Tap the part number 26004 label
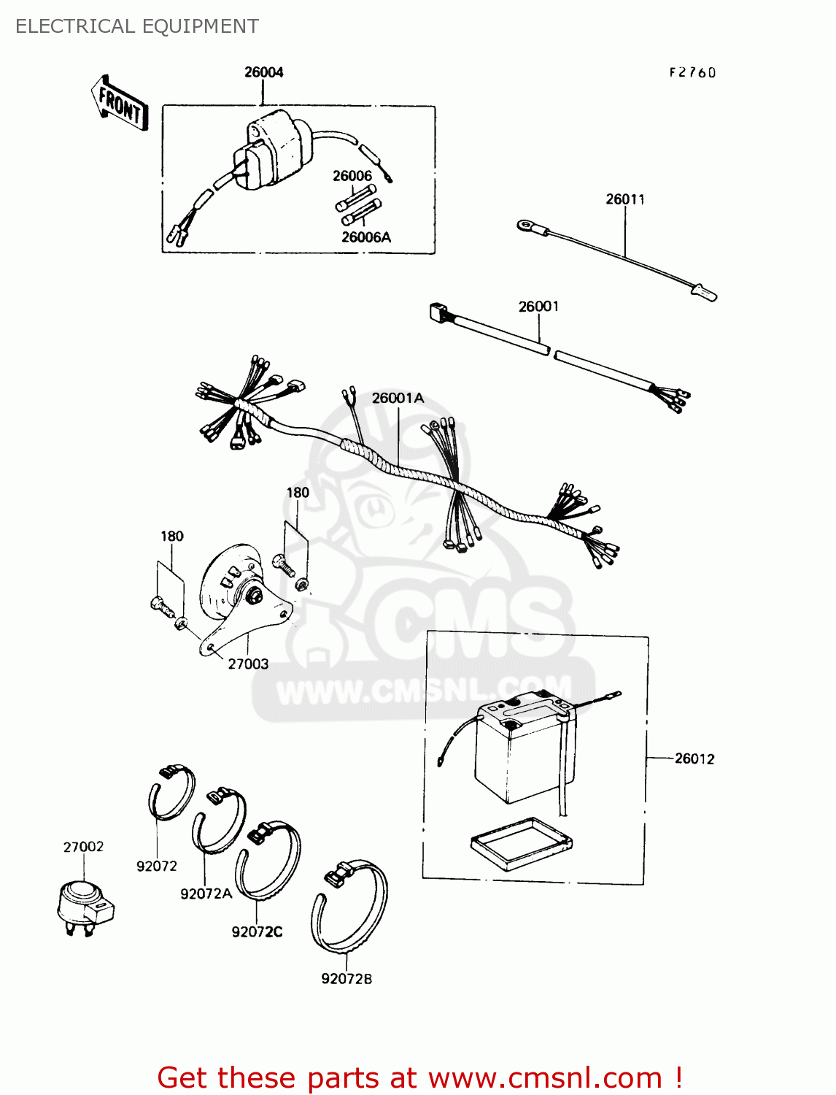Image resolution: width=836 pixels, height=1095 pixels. pyautogui.click(x=263, y=72)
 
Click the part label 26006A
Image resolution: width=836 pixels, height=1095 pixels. pyautogui.click(x=366, y=237)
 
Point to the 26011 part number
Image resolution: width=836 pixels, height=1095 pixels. pyautogui.click(x=625, y=199)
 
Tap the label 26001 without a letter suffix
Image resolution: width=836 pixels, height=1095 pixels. pyautogui.click(x=538, y=307)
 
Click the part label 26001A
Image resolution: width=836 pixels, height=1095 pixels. pyautogui.click(x=398, y=398)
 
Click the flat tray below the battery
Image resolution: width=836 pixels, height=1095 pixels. pyautogui.click(x=520, y=843)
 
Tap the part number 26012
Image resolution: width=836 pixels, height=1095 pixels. pyautogui.click(x=694, y=759)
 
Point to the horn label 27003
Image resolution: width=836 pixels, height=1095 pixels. pyautogui.click(x=248, y=664)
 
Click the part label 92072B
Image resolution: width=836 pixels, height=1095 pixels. pyautogui.click(x=347, y=979)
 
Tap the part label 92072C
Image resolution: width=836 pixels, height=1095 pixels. pyautogui.click(x=257, y=932)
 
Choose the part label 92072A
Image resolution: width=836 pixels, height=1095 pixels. pyautogui.click(x=206, y=894)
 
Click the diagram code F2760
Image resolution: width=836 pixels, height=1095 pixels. pyautogui.click(x=692, y=72)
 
